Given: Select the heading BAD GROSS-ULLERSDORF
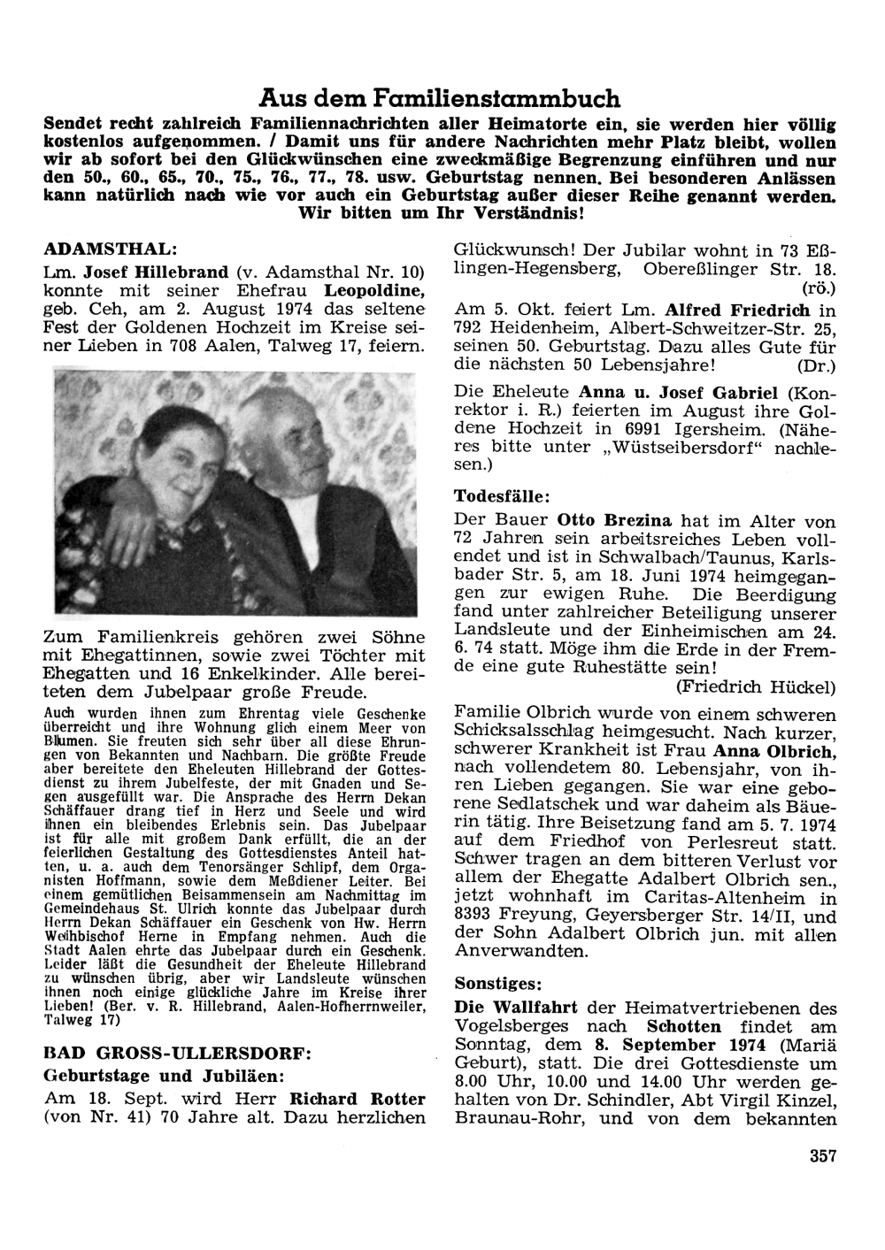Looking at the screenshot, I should [176, 1054].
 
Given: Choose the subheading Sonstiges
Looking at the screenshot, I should [497, 983].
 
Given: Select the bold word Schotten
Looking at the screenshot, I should [683, 1026].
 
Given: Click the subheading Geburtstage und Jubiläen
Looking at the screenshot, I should [164, 1077].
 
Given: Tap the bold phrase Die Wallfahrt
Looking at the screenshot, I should [516, 1008].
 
